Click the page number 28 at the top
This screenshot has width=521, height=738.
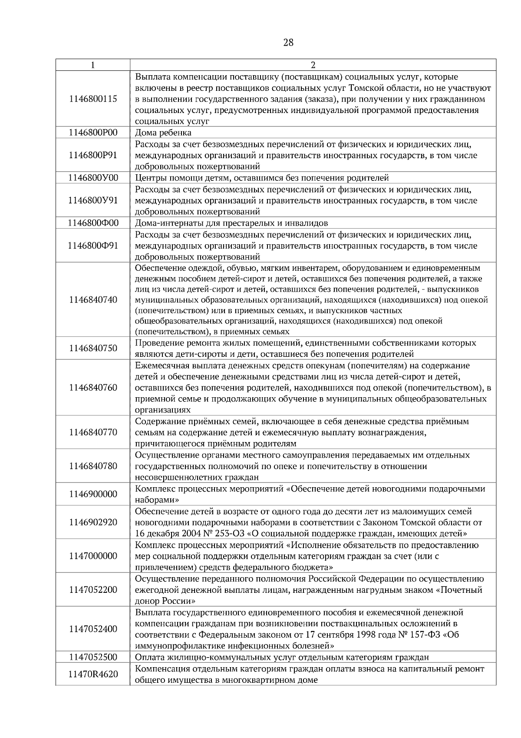tap(288, 42)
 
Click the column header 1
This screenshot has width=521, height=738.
tap(93, 65)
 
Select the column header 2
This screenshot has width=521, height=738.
tap(313, 65)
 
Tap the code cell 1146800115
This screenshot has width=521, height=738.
tap(93, 99)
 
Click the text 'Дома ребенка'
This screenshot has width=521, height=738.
tap(163, 133)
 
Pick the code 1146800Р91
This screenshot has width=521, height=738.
tap(93, 155)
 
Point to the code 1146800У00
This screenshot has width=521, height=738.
tap(93, 178)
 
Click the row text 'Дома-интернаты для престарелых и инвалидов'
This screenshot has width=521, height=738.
tap(231, 223)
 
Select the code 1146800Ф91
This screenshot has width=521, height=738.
tap(93, 246)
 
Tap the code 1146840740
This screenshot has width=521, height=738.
tap(93, 299)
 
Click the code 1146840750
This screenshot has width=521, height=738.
tap(93, 348)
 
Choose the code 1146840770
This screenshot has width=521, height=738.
tap(93, 432)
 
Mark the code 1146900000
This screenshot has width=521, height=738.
tap(93, 494)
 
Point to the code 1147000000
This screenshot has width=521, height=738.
tap(93, 556)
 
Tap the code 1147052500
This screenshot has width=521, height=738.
tap(93, 657)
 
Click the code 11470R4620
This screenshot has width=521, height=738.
tap(93, 674)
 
